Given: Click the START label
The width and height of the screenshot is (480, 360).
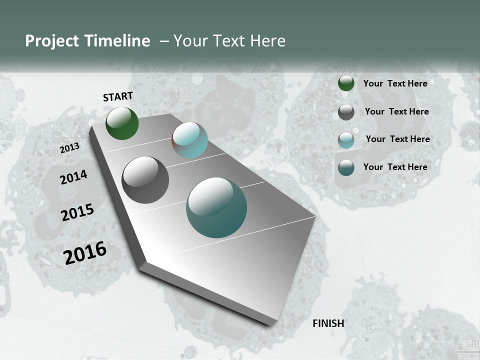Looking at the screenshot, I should (x=118, y=96).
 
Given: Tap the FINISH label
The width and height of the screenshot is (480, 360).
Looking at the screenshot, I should (x=328, y=323).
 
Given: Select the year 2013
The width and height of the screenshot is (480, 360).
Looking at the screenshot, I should (x=70, y=147).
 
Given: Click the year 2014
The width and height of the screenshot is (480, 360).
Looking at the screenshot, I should (x=74, y=177).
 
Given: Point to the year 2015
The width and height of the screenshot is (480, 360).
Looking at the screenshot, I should (x=77, y=212).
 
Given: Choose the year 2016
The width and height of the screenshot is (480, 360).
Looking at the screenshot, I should (x=85, y=253).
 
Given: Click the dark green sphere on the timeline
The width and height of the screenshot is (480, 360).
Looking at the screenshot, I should (x=122, y=123).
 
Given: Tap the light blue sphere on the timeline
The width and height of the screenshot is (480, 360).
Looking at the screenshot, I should (x=189, y=140).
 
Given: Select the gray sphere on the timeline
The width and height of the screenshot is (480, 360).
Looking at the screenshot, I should (x=145, y=180).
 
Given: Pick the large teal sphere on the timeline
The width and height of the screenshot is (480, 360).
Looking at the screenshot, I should (x=216, y=207).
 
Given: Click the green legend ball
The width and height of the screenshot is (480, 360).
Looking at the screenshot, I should (x=346, y=83).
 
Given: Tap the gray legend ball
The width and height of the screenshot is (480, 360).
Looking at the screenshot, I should (x=346, y=112).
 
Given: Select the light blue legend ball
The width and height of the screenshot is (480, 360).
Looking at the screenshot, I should (x=346, y=140).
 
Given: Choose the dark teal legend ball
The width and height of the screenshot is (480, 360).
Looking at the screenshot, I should (x=346, y=167).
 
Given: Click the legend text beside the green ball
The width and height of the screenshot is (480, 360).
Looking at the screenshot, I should (x=395, y=83).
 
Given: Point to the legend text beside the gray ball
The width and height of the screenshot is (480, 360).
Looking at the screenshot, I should (x=396, y=111).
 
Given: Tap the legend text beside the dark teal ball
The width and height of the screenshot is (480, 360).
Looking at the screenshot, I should (x=395, y=167).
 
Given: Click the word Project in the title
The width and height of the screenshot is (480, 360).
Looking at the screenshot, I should (x=52, y=41).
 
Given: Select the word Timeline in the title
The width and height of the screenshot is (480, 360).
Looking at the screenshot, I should (x=117, y=41).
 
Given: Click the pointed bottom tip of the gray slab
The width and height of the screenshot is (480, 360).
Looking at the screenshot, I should (x=270, y=323).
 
